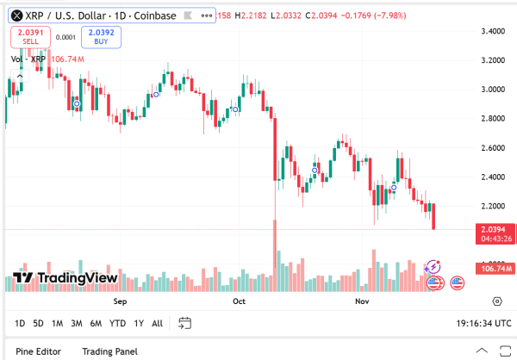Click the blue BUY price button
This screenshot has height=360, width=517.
(101, 36)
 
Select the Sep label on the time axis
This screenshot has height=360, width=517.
(120, 302)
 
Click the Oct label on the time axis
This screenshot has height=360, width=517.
(240, 302)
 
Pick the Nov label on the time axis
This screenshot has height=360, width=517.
(362, 302)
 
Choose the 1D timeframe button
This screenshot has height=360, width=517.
(20, 324)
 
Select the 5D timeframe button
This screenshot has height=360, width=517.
(39, 324)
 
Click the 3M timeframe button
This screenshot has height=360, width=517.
(77, 324)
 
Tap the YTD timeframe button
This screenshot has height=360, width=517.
(117, 324)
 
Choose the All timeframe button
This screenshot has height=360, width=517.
(157, 324)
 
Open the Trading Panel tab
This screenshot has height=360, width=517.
(109, 351)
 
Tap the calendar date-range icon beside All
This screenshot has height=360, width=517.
(184, 324)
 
